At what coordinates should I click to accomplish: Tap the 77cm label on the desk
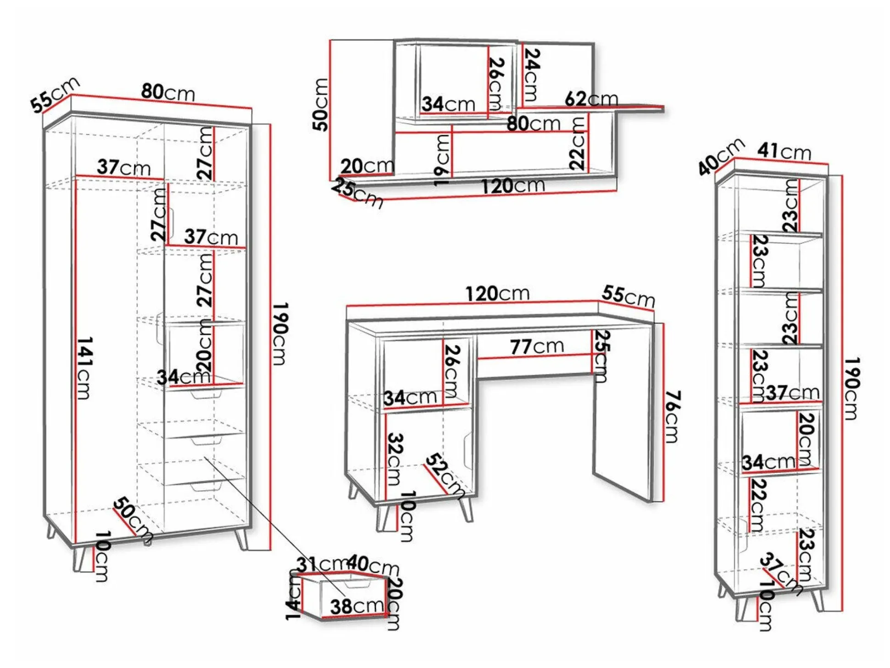coord(537,347)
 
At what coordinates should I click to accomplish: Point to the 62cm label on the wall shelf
coord(591,99)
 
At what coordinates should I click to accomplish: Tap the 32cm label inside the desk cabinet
coord(395,459)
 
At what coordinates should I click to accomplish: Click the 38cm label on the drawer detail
coord(357,606)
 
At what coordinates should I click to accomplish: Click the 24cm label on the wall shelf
coord(531,75)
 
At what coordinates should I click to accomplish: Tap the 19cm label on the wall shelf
coord(442,160)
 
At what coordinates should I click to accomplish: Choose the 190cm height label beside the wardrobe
coord(280,334)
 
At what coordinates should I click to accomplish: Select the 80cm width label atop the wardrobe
coord(168,92)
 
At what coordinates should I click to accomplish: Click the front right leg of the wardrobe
coord(242,540)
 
